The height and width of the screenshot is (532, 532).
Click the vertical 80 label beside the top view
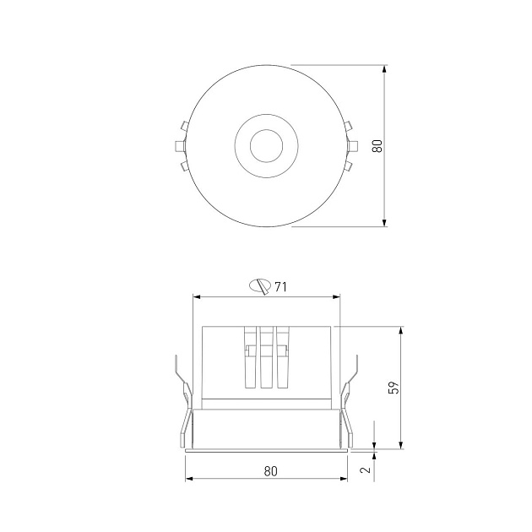coord(378,145)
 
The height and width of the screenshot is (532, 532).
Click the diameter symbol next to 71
coord(260,286)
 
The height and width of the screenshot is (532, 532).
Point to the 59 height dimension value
coord(393,388)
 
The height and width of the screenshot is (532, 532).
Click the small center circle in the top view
coord(265,144)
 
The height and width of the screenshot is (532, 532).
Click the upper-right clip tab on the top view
coord(349,128)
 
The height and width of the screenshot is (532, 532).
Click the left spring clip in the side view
coord(184,397)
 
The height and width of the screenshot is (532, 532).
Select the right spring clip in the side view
coord(348,397)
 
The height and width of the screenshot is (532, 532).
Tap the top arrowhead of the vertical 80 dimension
coord(384,68)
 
